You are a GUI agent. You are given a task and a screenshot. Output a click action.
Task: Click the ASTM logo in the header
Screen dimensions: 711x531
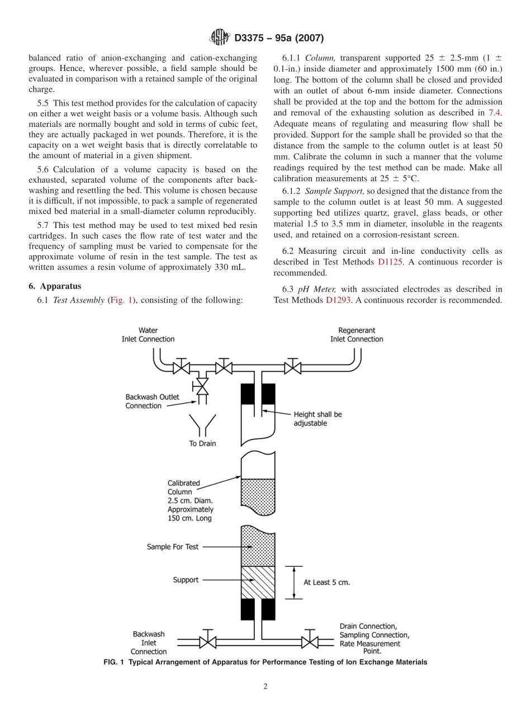point(219,38)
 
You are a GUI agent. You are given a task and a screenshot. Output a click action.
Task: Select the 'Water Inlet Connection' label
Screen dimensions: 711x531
point(148,335)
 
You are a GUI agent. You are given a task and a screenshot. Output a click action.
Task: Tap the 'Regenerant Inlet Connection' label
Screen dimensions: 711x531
point(357,335)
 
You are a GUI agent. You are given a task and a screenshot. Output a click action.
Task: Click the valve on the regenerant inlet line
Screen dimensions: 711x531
point(292,367)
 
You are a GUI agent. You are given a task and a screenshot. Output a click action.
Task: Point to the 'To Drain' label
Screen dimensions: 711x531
point(202,444)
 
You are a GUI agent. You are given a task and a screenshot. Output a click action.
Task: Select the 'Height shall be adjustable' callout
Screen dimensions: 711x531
point(317,419)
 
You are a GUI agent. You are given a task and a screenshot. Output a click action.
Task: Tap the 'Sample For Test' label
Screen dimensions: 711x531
point(172,547)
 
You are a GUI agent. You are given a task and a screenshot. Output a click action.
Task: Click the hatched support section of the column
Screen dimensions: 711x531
point(258,582)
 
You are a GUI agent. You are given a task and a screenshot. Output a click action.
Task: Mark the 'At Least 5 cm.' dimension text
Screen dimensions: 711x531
point(326,582)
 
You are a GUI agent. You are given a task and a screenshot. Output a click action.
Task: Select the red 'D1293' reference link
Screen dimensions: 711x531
point(338,300)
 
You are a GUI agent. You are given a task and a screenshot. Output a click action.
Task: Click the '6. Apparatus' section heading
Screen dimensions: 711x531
point(55,286)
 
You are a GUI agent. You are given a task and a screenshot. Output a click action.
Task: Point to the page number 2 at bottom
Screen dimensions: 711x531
point(265,687)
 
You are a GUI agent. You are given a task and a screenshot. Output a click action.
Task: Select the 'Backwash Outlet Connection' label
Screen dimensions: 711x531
point(152,401)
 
